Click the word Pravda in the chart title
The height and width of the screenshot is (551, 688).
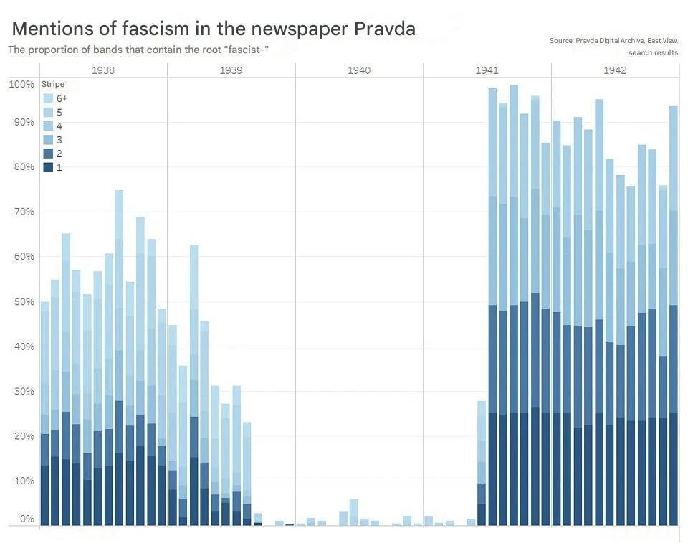pyautogui.click(x=384, y=29)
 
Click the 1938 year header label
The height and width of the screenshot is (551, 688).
pyautogui.click(x=103, y=70)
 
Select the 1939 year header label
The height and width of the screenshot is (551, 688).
pyautogui.click(x=231, y=70)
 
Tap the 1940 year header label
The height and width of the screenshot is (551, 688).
pyautogui.click(x=359, y=70)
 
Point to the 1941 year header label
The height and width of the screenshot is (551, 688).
pyautogui.click(x=487, y=70)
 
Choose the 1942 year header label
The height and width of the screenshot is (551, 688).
pyautogui.click(x=615, y=70)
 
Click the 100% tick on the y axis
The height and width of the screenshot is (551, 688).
pyautogui.click(x=21, y=84)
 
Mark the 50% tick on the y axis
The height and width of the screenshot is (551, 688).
pyautogui.click(x=21, y=301)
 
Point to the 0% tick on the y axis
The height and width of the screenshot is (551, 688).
pyautogui.click(x=26, y=518)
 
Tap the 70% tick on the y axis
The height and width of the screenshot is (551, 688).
pyautogui.click(x=21, y=212)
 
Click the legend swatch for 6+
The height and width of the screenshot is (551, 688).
pyautogui.click(x=48, y=98)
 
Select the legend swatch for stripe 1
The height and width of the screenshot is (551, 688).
pyautogui.click(x=48, y=167)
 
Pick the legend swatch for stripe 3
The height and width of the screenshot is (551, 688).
pyautogui.click(x=48, y=140)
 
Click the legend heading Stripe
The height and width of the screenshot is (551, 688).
pyautogui.click(x=53, y=84)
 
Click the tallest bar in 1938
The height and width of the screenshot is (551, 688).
pyautogui.click(x=119, y=359)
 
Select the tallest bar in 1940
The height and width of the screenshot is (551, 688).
pyautogui.click(x=353, y=512)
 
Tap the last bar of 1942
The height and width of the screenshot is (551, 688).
pyautogui.click(x=674, y=316)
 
